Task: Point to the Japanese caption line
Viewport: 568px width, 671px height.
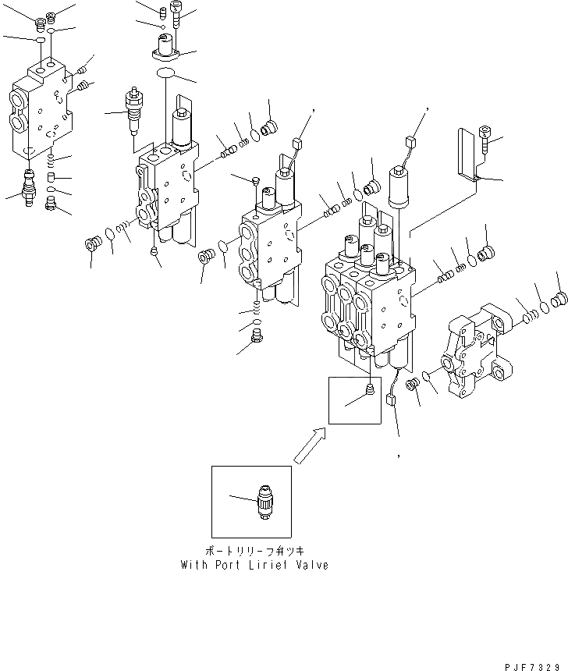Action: pos(254,551)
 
